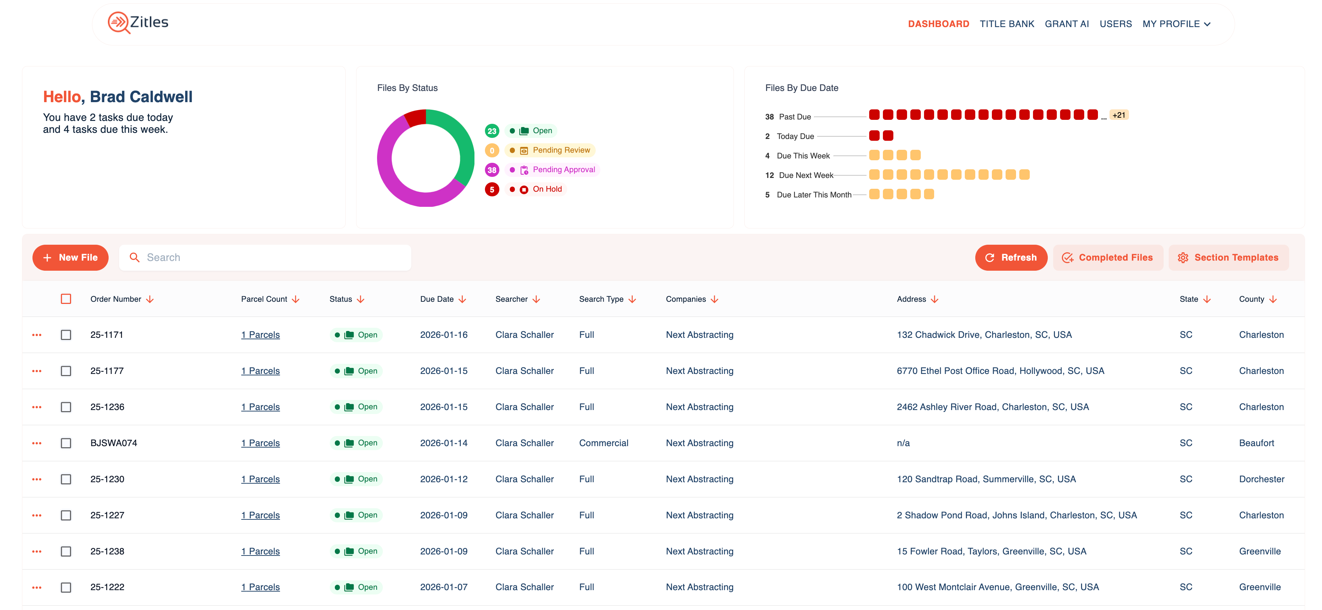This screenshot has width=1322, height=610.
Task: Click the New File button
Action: [70, 257]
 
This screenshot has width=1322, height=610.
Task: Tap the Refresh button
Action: [1011, 257]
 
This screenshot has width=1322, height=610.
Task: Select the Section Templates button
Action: [1228, 257]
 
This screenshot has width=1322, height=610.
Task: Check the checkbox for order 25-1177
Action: [66, 371]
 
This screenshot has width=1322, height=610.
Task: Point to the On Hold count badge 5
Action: [492, 189]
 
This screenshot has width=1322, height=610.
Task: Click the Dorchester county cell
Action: [1261, 479]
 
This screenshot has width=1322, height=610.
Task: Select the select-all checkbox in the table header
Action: [66, 299]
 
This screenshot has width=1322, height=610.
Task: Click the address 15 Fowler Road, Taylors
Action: [991, 551]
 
